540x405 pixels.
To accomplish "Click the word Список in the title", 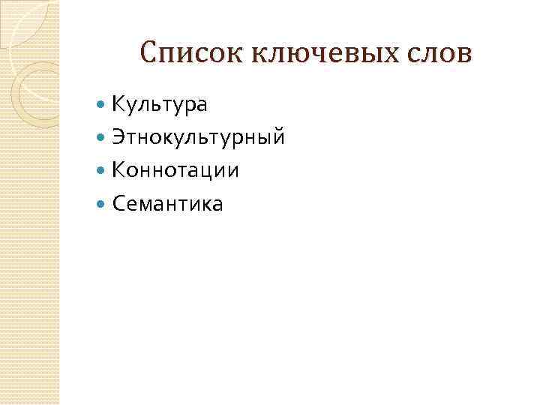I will [184, 53].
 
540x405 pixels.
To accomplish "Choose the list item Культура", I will [159, 104].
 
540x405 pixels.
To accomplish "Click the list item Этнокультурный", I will [197, 137].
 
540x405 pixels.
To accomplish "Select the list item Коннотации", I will [175, 170].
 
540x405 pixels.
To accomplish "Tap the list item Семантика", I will [167, 203].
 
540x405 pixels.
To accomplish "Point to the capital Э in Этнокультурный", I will [118, 137].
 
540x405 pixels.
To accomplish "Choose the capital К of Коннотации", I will [118, 170].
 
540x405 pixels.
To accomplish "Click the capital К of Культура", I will [118, 104].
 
